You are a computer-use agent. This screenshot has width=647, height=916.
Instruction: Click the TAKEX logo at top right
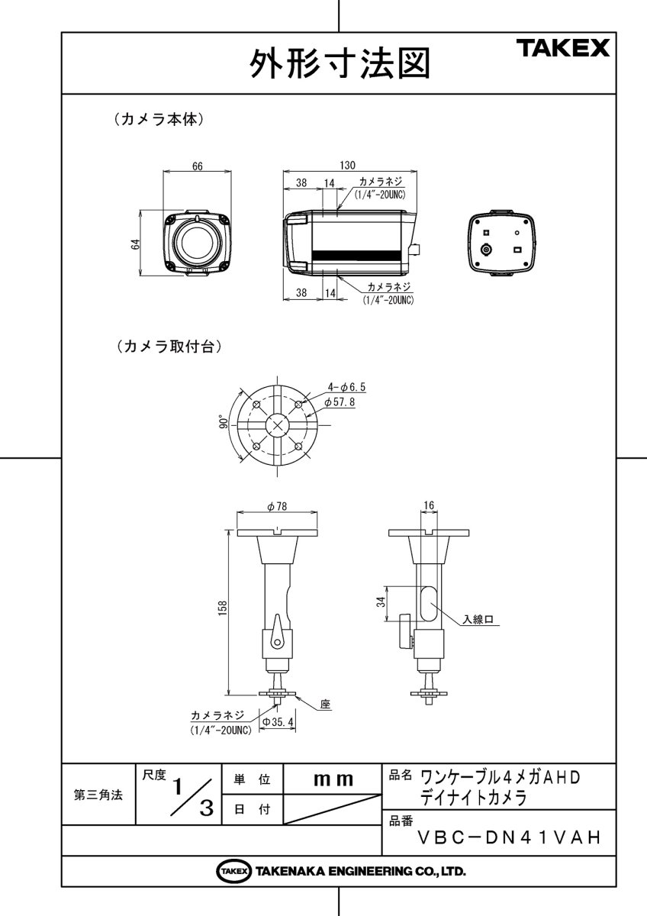pyautogui.click(x=565, y=50)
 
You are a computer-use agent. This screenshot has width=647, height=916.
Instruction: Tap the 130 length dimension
pyautogui.click(x=346, y=165)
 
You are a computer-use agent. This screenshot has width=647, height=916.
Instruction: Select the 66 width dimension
pyautogui.click(x=197, y=168)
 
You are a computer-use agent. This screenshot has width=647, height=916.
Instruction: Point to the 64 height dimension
pyautogui.click(x=136, y=244)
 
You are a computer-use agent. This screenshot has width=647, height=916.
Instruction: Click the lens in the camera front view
pyautogui.click(x=197, y=241)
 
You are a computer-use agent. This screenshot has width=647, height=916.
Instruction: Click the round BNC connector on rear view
pyautogui.click(x=486, y=249)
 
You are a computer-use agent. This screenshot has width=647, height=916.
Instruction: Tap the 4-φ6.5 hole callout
pyautogui.click(x=346, y=388)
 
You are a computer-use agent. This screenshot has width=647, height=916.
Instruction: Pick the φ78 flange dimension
pyautogui.click(x=276, y=507)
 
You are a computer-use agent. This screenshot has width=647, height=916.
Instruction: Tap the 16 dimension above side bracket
pyautogui.click(x=428, y=505)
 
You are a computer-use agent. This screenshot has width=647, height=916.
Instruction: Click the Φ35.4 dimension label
pyautogui.click(x=278, y=721)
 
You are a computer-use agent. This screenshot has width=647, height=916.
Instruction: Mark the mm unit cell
pyautogui.click(x=333, y=780)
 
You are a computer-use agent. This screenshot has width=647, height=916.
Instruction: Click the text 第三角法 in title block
pyautogui.click(x=98, y=795)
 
